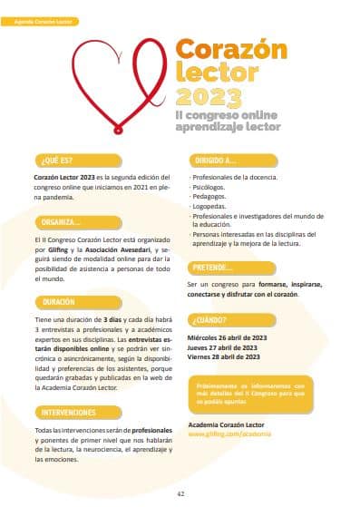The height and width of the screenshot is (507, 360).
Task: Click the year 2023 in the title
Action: coord(205,96)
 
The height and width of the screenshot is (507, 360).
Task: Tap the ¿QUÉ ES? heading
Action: coord(55,161)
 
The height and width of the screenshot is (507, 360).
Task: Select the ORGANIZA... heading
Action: coord(62,222)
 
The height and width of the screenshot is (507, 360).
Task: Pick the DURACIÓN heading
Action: coord(59,301)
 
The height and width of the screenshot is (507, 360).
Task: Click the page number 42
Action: coord(180,493)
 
